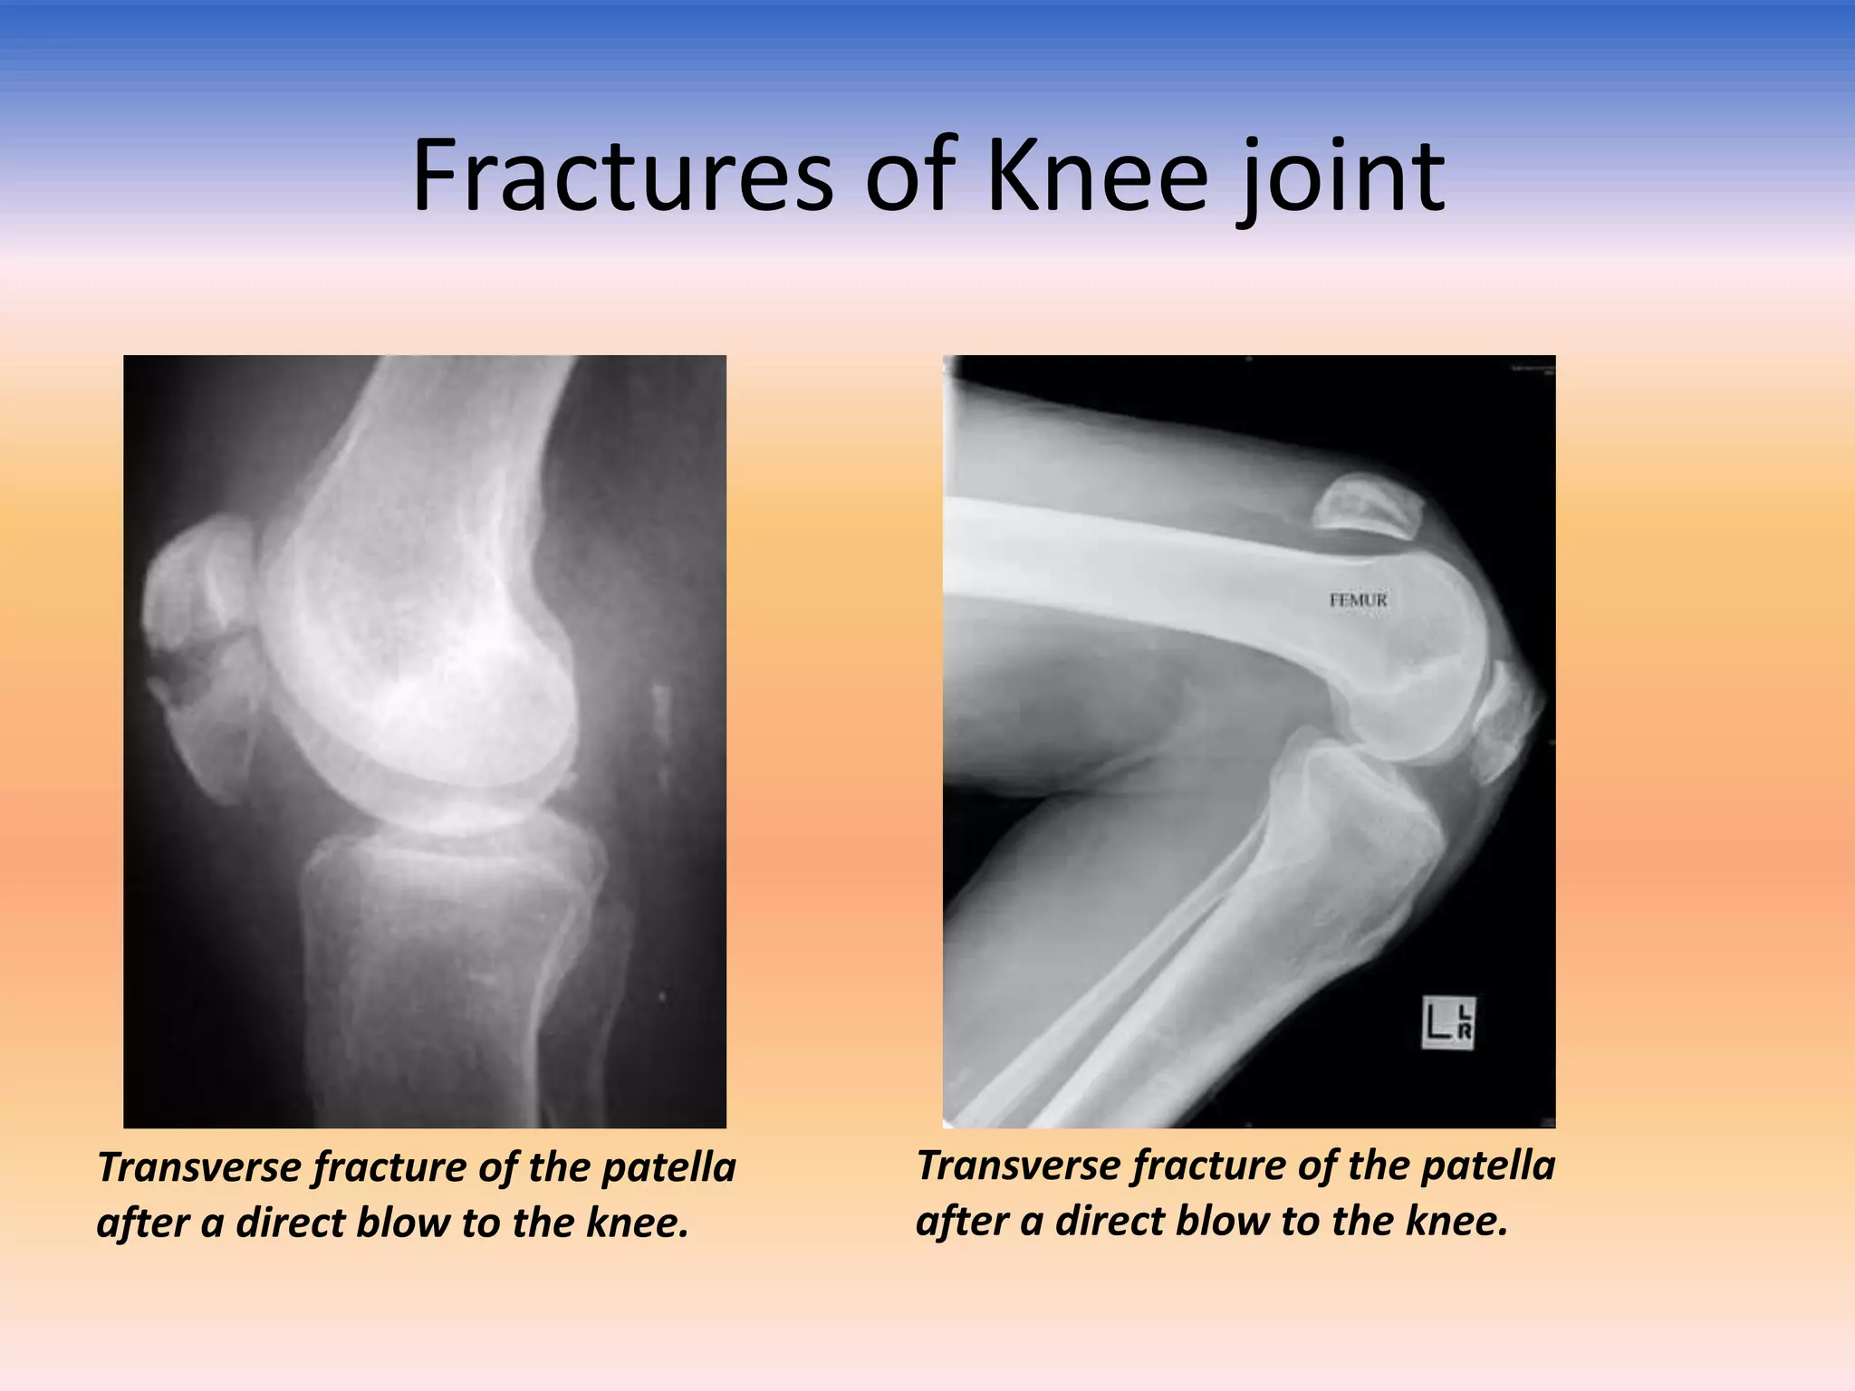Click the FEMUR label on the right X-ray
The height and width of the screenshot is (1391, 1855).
[x=1358, y=600]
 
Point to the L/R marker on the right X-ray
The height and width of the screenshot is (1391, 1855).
[x=1448, y=1023]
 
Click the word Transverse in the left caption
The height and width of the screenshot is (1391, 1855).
[x=198, y=1167]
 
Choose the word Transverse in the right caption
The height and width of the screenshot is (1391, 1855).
[x=1017, y=1166]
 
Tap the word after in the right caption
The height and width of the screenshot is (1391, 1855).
[x=961, y=1222]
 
